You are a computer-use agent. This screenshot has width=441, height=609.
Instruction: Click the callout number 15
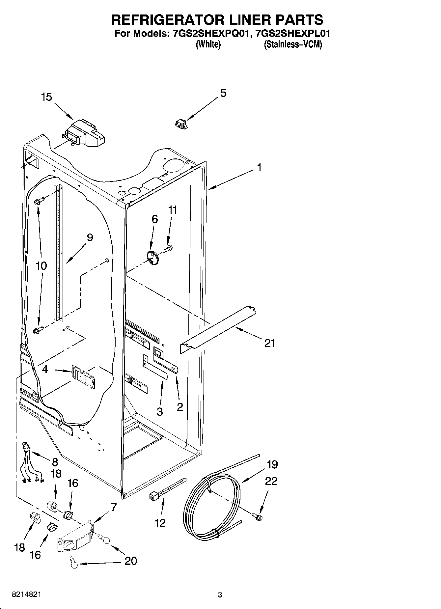tap(46, 97)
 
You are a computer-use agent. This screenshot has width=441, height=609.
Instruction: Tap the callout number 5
tap(223, 93)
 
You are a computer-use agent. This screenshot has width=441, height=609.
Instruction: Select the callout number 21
tap(269, 344)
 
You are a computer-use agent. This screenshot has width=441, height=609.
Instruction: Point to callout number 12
tap(160, 523)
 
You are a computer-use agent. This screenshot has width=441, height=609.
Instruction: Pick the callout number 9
tap(90, 237)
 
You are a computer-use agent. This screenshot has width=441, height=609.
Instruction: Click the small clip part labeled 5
tap(180, 124)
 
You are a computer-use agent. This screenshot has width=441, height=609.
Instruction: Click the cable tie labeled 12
tap(166, 490)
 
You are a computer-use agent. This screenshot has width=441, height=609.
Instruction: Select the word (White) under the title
tap(208, 44)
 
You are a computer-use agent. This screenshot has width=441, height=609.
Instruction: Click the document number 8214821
tap(26, 595)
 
